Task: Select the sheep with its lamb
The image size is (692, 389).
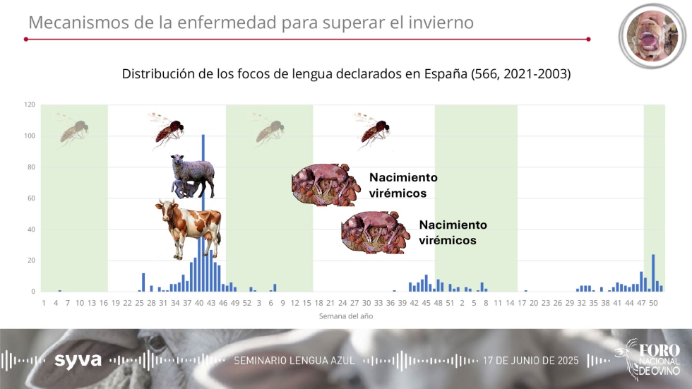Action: click(193, 176)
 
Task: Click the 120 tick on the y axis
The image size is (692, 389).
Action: click(30, 104)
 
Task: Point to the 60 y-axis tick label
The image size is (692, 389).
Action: click(31, 198)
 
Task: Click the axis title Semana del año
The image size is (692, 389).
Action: click(346, 316)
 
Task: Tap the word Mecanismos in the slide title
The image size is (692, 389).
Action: click(79, 22)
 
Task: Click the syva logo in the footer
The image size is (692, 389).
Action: click(78, 360)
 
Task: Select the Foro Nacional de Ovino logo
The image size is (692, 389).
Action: click(648, 359)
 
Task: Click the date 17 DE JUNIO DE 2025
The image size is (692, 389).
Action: click(530, 361)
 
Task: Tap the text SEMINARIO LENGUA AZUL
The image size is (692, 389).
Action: click(294, 361)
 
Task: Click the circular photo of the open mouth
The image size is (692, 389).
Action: click(652, 36)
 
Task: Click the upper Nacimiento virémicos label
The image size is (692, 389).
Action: click(403, 185)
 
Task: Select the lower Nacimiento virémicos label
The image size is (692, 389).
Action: click(453, 232)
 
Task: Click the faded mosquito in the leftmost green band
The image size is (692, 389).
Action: click(73, 131)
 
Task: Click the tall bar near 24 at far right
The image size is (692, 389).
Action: click(653, 273)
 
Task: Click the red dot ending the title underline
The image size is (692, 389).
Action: click(588, 40)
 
